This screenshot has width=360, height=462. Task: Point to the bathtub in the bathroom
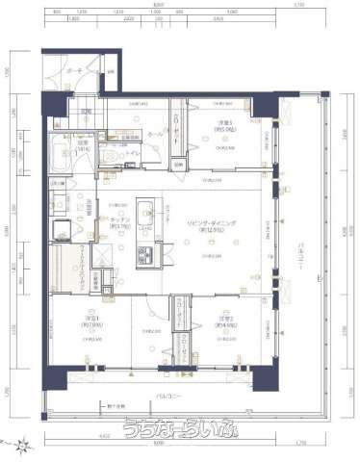point(56,164)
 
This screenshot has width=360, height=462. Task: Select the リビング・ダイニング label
point(212,225)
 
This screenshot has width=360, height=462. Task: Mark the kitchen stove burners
point(148,257)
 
